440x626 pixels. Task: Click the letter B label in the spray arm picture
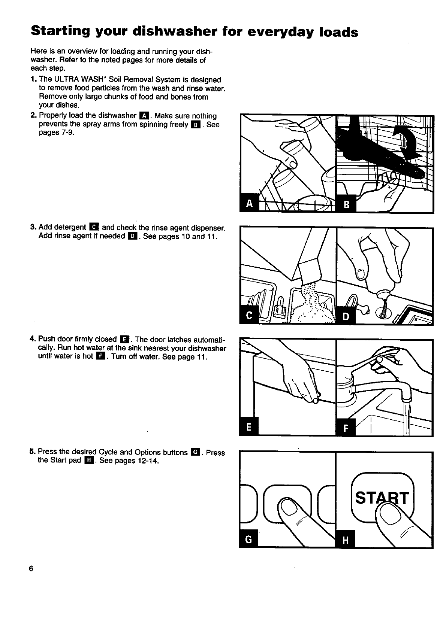pos(346,204)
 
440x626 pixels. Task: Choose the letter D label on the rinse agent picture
pos(346,316)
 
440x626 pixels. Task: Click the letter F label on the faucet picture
pos(346,428)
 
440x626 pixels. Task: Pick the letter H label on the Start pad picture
pos(346,540)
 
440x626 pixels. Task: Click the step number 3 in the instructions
pos(33,227)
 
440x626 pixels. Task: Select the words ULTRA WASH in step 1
pos(76,80)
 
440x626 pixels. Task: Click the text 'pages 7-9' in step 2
pos(54,133)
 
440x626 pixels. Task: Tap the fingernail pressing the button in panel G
pos(289,507)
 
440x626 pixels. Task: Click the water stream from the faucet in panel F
pos(407,416)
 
